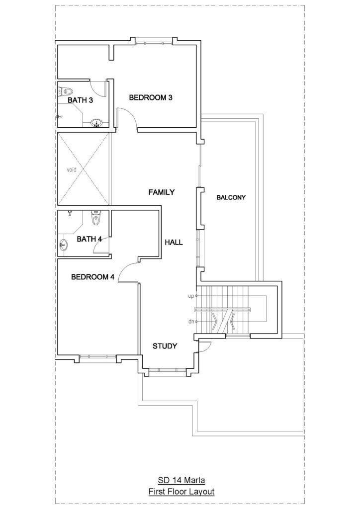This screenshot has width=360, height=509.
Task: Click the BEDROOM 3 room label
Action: (151, 97)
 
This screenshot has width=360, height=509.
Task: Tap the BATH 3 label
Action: (80, 100)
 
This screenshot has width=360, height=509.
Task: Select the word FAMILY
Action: (161, 192)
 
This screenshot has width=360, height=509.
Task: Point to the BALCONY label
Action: (231, 197)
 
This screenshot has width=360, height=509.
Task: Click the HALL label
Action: (174, 242)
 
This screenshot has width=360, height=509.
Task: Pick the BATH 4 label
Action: (90, 239)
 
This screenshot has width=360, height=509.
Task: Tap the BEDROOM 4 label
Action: (93, 277)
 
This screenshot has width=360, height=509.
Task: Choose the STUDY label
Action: (165, 346)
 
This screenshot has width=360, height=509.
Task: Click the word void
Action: (72, 170)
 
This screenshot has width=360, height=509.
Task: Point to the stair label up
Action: (191, 296)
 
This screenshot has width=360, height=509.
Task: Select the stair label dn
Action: (191, 322)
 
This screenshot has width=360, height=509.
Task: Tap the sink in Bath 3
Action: (96, 123)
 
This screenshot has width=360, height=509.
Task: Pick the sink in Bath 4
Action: (64, 245)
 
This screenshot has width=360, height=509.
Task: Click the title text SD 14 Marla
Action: (181, 480)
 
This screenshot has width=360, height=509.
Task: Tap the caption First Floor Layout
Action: (181, 492)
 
